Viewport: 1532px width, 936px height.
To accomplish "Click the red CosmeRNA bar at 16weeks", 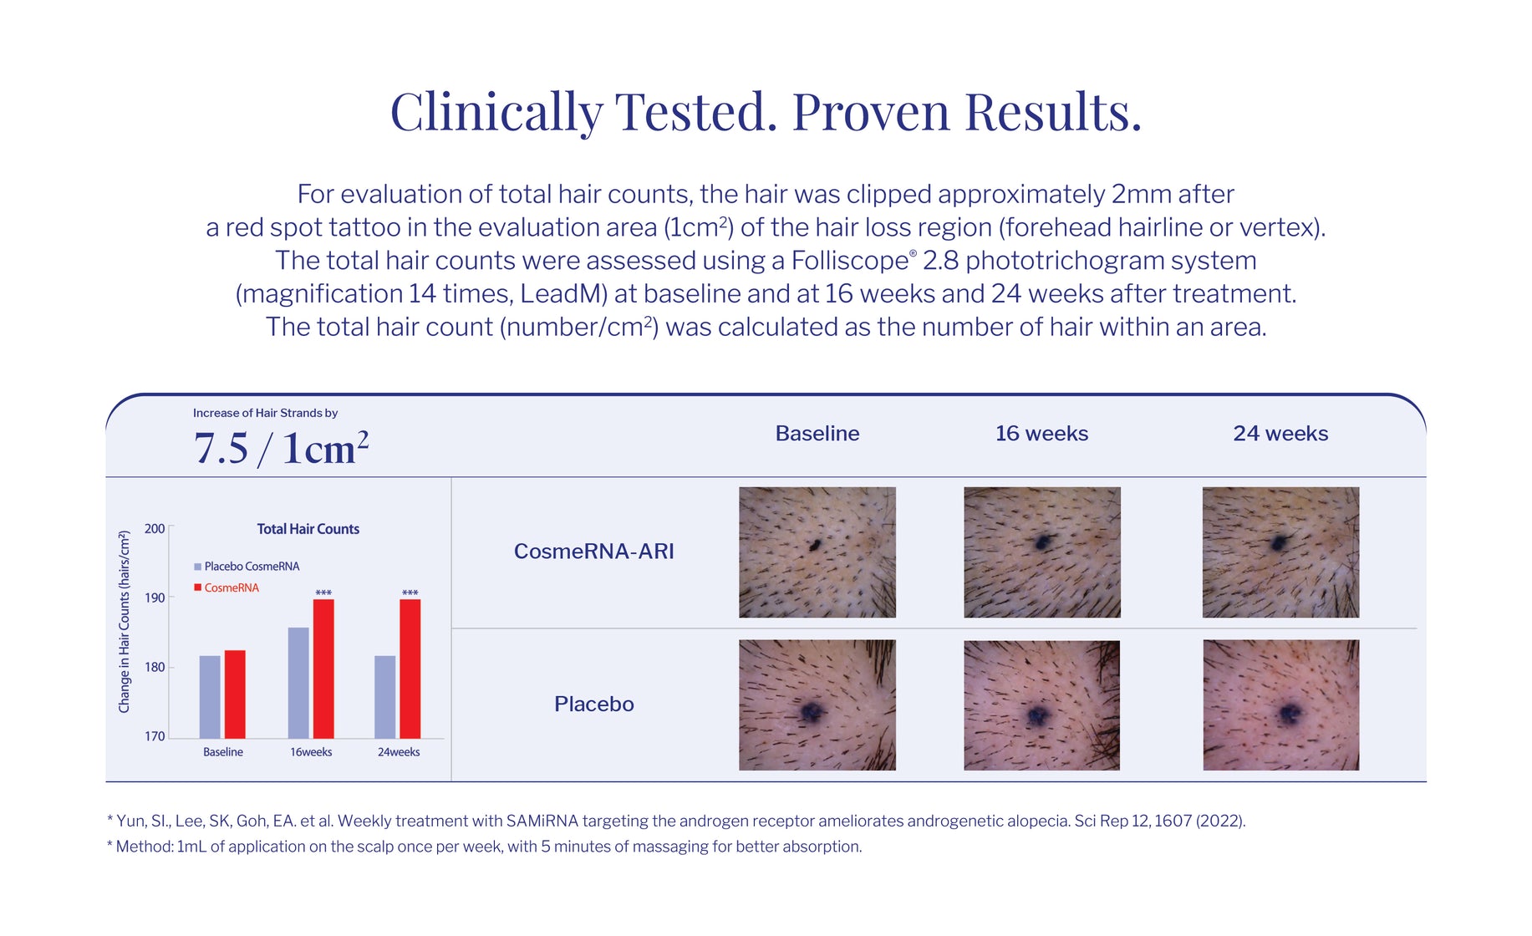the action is tap(323, 669).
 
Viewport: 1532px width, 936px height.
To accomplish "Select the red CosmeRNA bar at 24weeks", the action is tap(410, 669).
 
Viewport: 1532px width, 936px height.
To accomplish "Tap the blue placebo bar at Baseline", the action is tap(210, 697).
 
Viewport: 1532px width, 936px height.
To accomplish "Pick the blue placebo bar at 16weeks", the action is tap(298, 683).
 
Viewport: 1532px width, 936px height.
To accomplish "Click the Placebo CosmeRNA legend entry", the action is tap(247, 567).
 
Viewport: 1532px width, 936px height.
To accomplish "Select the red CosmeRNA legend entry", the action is tap(226, 588).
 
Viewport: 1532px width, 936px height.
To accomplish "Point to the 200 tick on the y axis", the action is tap(155, 529).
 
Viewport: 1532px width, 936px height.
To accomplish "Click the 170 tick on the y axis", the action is tap(155, 736).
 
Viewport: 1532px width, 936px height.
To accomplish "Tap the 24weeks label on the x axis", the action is tap(399, 752).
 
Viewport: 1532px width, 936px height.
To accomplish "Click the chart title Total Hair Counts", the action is tap(308, 529).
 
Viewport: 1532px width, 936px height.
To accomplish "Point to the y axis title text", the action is tap(125, 622).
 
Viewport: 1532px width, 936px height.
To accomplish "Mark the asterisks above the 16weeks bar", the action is tap(323, 593).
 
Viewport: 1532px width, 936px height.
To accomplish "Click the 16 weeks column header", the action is tap(1041, 433).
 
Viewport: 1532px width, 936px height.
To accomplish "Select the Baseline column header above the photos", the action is tap(817, 433).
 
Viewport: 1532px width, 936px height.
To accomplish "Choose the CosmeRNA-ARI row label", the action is tap(593, 552).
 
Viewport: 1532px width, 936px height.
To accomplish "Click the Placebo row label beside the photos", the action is tap(593, 704).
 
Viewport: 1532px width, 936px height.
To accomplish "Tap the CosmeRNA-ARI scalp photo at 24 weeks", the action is tap(1280, 552).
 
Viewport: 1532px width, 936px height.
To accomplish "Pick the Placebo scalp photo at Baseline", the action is tap(817, 705).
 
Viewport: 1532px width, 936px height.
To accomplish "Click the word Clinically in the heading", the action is tap(496, 112).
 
